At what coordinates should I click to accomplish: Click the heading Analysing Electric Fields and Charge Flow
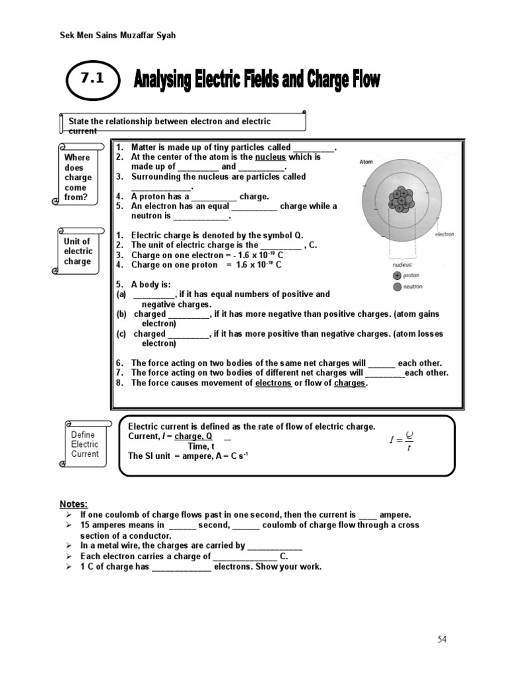click(257, 81)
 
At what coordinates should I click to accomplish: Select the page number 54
click(442, 639)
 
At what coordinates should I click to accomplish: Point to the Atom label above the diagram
click(367, 161)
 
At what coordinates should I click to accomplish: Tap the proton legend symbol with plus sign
click(396, 275)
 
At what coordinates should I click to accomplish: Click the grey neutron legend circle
click(396, 287)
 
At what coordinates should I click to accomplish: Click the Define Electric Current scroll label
click(84, 444)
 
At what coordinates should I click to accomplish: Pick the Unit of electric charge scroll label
click(78, 252)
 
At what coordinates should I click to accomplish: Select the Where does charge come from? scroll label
click(78, 177)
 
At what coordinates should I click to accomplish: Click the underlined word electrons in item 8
click(273, 383)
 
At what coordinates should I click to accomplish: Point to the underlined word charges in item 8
click(350, 383)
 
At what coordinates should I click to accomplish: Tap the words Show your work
click(290, 566)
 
